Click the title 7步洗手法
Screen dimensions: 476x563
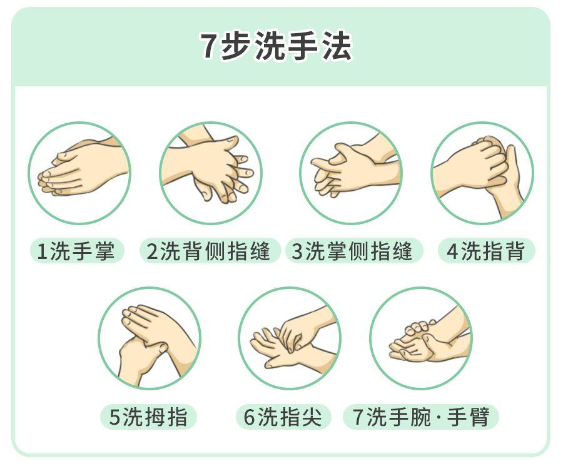click(x=276, y=46)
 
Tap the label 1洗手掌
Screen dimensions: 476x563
click(x=76, y=251)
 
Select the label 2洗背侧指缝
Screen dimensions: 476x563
click(x=209, y=251)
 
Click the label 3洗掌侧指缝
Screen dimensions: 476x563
click(x=353, y=251)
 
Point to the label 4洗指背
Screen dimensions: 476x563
click(x=485, y=251)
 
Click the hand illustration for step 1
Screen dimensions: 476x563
click(x=79, y=173)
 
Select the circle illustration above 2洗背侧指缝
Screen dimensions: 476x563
click(x=211, y=173)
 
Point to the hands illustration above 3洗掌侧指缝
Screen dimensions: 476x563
click(x=351, y=173)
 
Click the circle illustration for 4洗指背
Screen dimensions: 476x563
click(x=482, y=173)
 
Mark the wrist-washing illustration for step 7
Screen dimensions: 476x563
click(x=421, y=338)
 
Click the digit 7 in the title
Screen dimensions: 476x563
click(x=208, y=47)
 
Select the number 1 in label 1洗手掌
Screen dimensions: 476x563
click(x=42, y=252)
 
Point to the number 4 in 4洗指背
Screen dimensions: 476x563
click(x=452, y=252)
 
